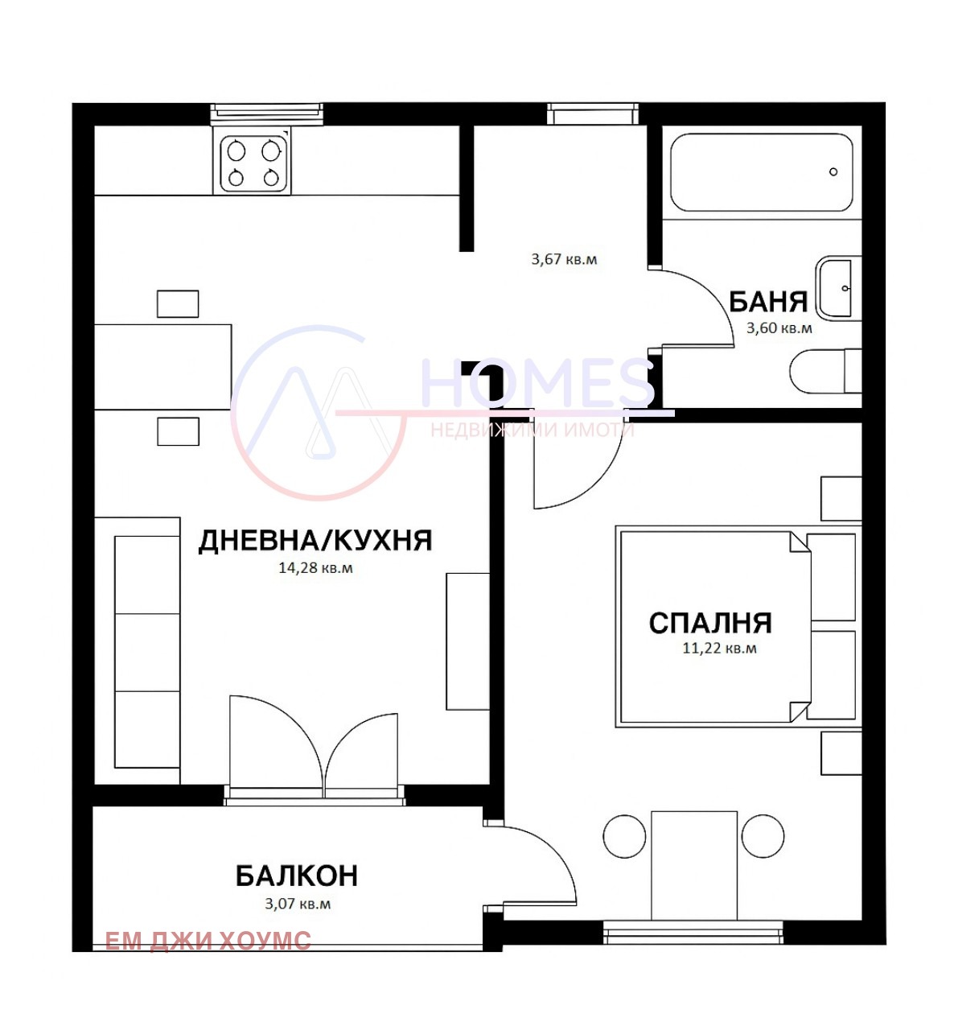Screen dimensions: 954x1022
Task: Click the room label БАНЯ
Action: pyautogui.click(x=768, y=302)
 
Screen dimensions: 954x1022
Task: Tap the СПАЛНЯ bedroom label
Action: pyautogui.click(x=710, y=623)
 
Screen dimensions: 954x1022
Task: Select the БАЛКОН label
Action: pyautogui.click(x=296, y=876)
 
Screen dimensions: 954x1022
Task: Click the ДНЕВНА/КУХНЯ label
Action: pyautogui.click(x=315, y=541)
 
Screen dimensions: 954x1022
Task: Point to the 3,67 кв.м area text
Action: pyautogui.click(x=564, y=259)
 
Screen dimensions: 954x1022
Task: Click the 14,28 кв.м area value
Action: pyautogui.click(x=315, y=568)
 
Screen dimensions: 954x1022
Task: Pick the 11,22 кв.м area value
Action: pyautogui.click(x=719, y=648)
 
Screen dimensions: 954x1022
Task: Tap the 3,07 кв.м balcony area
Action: pyautogui.click(x=298, y=904)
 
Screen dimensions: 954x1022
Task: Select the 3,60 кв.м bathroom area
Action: pyautogui.click(x=779, y=328)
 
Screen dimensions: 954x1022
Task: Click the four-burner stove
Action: pyautogui.click(x=252, y=161)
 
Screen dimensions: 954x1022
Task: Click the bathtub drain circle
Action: pyautogui.click(x=833, y=172)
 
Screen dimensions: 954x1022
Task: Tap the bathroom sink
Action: pyautogui.click(x=838, y=288)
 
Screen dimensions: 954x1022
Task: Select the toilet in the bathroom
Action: pyautogui.click(x=825, y=371)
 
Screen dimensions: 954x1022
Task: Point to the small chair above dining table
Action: pyautogui.click(x=178, y=303)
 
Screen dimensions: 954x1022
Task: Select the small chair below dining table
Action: pyautogui.click(x=178, y=431)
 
